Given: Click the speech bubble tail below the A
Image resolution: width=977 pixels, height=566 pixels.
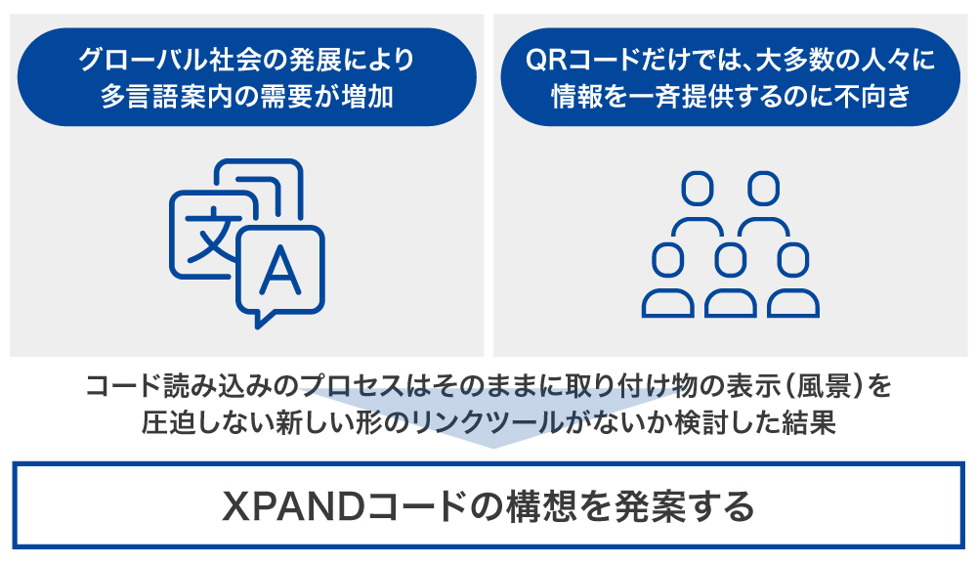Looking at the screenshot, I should pyautogui.click(x=258, y=317).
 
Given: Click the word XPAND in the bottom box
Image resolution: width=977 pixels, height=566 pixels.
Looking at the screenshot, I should pyautogui.click(x=284, y=505).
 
